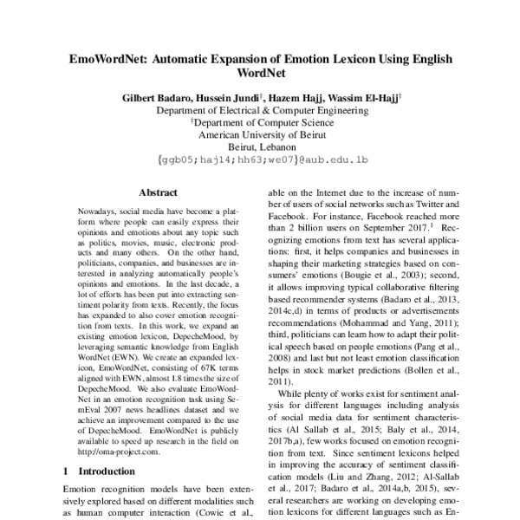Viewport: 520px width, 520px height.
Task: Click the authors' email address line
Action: [259, 160]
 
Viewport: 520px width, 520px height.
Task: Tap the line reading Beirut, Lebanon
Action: [259, 147]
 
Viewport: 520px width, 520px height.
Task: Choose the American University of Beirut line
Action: [259, 135]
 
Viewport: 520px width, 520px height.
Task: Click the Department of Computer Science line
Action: [261, 123]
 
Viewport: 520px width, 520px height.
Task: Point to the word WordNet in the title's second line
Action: [260, 77]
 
